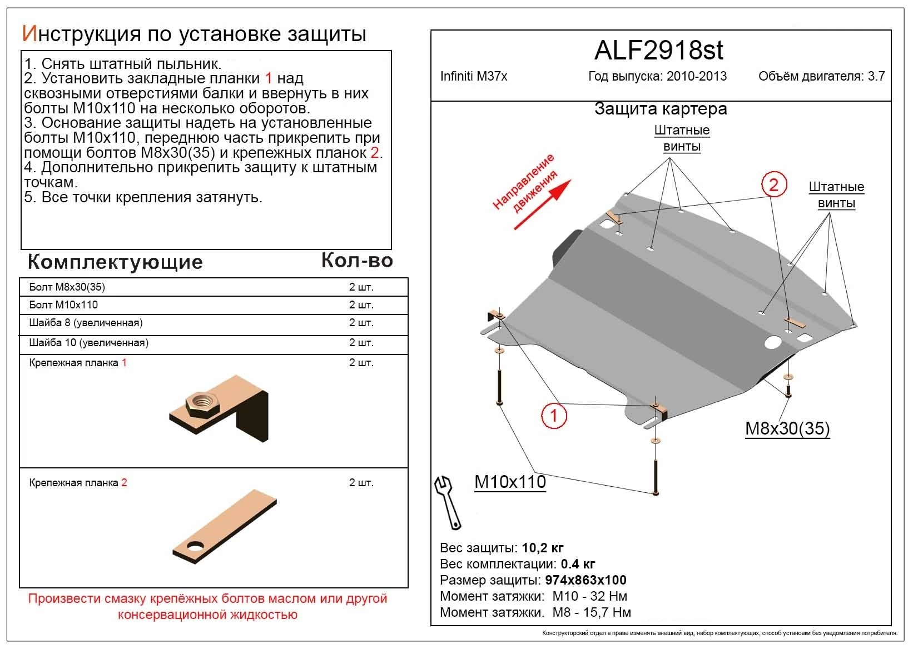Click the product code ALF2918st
click(x=659, y=51)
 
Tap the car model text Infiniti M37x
click(x=474, y=76)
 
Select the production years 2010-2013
click(x=697, y=76)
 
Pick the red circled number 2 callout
click(x=773, y=184)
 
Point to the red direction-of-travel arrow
click(x=542, y=205)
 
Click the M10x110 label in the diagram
click(x=510, y=482)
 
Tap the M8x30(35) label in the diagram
click(x=787, y=428)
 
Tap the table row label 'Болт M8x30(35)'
click(x=67, y=287)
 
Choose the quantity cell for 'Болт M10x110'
click(x=361, y=305)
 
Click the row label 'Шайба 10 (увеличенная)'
click(x=88, y=343)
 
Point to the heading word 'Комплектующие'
click(x=115, y=262)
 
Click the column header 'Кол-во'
click(x=357, y=260)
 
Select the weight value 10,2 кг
click(x=543, y=548)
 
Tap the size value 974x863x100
click(x=585, y=580)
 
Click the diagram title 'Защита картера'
click(x=661, y=109)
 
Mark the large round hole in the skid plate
click(x=773, y=342)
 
